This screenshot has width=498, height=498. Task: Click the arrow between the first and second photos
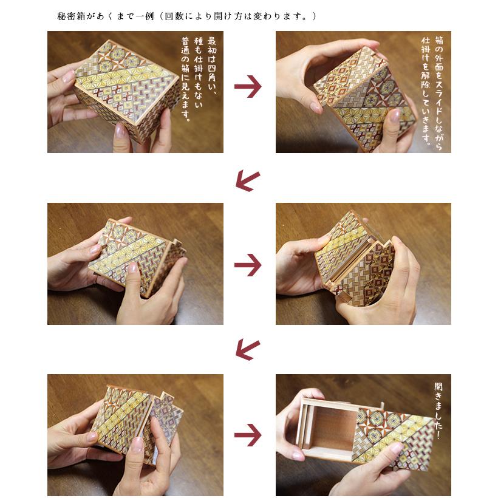click(248, 87)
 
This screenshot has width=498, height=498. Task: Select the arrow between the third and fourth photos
click(248, 265)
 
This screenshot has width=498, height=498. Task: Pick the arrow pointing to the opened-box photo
click(248, 435)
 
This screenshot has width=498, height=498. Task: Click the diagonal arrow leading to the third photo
click(247, 179)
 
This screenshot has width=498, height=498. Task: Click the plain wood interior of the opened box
click(331, 431)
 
